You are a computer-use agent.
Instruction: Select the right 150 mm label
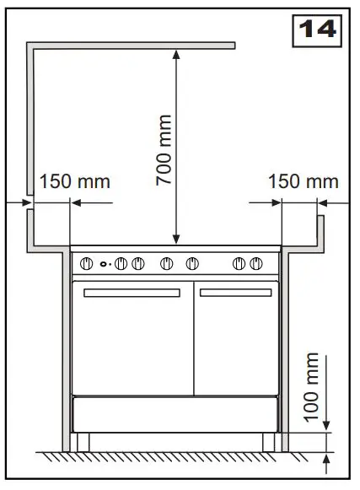point(303,181)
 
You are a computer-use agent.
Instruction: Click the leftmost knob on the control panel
point(84,264)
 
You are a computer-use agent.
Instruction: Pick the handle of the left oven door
point(131,293)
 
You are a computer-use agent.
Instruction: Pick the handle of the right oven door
point(235,293)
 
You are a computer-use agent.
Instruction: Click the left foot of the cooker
point(83,441)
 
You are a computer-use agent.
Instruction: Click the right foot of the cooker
point(267,441)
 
